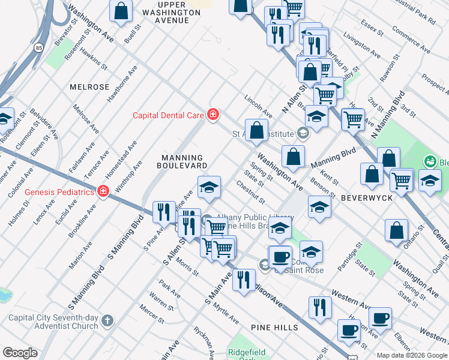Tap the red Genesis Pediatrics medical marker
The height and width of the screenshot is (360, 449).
coord(103,192)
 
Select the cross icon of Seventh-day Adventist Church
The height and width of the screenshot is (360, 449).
coord(107,321)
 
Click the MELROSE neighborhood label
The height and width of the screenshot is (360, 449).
coord(89,87)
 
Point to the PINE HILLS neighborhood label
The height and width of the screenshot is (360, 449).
coord(274,328)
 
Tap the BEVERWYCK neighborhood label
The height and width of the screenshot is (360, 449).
coord(366,197)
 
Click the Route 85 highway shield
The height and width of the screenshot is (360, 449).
coord(39,46)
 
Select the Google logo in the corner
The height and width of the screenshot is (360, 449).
coord(19,353)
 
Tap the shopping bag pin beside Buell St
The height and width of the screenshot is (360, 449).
coord(121,11)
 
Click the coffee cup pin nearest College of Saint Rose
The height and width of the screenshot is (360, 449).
coord(280,256)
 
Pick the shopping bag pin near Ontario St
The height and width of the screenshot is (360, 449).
coord(396,230)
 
